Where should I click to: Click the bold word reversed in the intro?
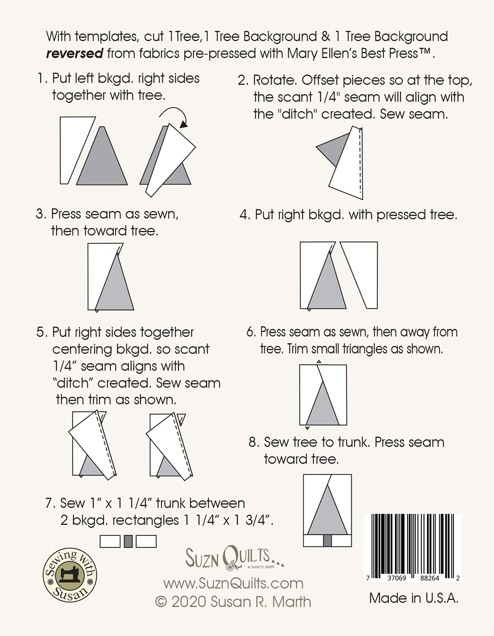pyautogui.click(x=75, y=54)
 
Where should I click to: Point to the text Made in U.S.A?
pyautogui.click(x=413, y=598)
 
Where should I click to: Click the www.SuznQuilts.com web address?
pyautogui.click(x=233, y=583)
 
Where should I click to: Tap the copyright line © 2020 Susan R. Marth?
pyautogui.click(x=233, y=602)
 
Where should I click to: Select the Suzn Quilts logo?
pyautogui.click(x=234, y=558)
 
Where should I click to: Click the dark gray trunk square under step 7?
pyautogui.click(x=129, y=541)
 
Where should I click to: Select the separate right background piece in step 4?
pyautogui.click(x=359, y=275)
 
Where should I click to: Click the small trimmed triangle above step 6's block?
pyautogui.click(x=319, y=362)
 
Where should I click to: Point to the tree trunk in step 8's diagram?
pyautogui.click(x=327, y=541)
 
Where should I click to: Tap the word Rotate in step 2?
pyautogui.click(x=276, y=80)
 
